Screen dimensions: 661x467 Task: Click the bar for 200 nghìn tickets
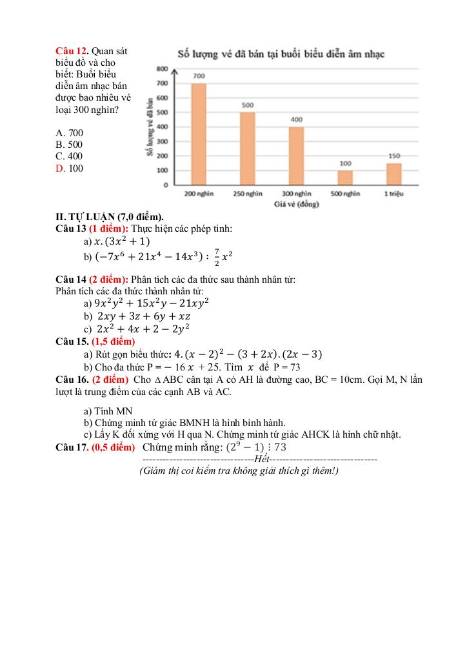[199, 134]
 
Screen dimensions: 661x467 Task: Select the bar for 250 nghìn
[248, 148]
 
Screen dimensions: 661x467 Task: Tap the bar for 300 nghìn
[296, 156]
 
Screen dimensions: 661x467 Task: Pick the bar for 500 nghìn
[345, 177]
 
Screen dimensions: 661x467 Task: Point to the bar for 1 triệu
[394, 174]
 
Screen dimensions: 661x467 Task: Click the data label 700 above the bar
[199, 76]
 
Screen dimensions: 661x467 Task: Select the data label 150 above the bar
[394, 156]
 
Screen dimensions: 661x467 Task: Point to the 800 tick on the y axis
[162, 68]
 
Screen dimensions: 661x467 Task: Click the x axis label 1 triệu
[394, 194]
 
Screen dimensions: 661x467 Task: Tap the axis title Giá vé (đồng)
[296, 205]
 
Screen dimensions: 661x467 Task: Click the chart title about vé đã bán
[281, 54]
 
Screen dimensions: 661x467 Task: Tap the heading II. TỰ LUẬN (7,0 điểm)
[110, 217]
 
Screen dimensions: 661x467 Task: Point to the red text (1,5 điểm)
[114, 341]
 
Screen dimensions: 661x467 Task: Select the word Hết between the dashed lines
[262, 460]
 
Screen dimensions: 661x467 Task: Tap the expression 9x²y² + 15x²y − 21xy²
[152, 303]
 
